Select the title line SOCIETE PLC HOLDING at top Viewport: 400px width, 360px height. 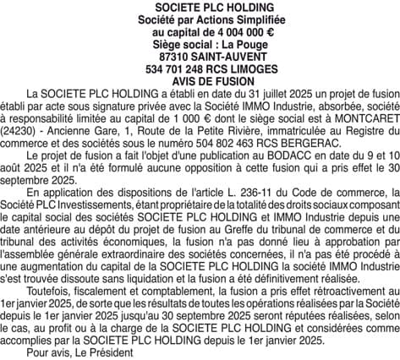click(200, 7)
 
